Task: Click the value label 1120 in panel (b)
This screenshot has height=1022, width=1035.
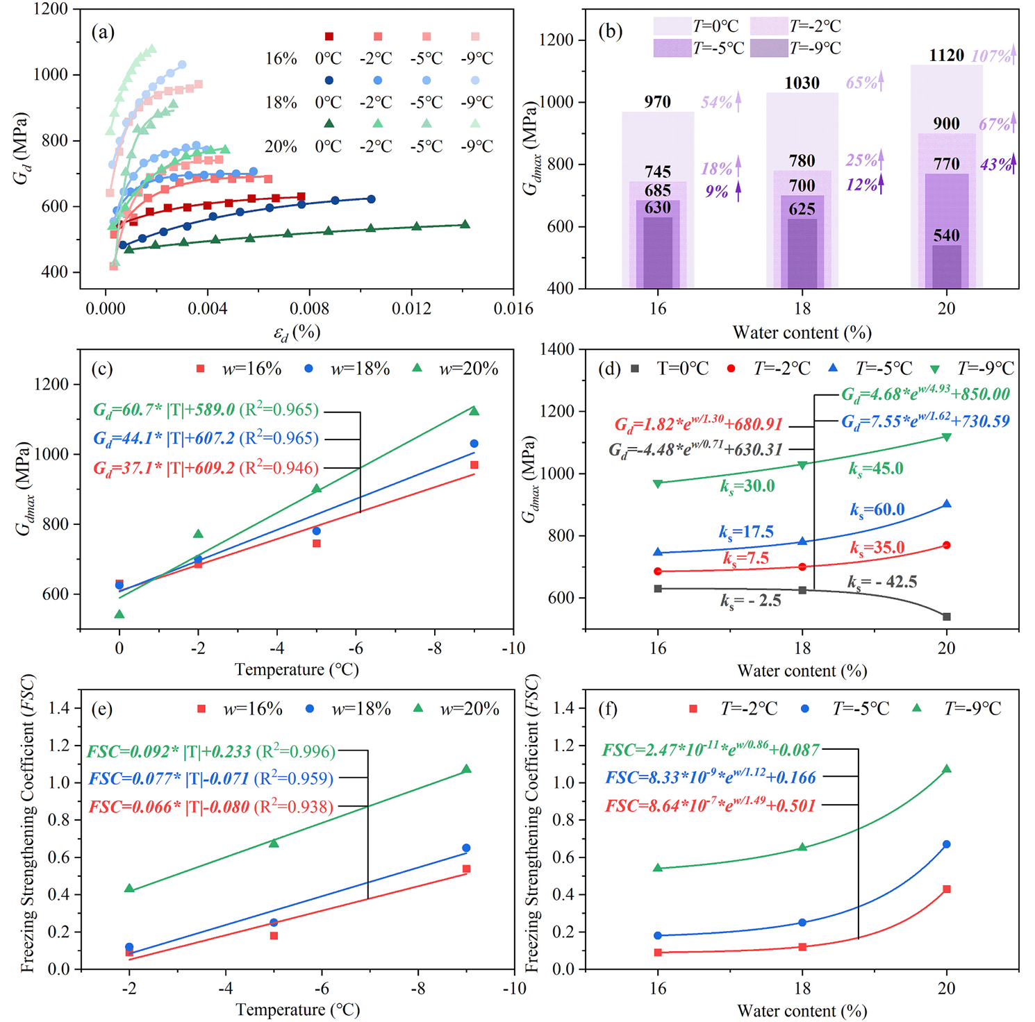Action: [946, 56]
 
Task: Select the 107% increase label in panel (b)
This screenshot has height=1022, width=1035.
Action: [991, 56]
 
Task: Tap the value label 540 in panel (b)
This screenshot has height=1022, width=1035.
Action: [946, 235]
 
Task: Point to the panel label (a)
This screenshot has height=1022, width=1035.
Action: [103, 32]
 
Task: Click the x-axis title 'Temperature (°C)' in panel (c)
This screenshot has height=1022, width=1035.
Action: [297, 669]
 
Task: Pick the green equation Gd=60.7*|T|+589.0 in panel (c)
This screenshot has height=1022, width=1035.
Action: [206, 410]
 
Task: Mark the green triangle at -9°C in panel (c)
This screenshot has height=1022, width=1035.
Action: [474, 411]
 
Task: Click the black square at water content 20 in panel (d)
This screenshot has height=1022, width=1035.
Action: [946, 617]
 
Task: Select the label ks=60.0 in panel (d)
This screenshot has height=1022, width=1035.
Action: [877, 510]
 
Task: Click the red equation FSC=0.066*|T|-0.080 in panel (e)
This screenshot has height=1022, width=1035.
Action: [210, 807]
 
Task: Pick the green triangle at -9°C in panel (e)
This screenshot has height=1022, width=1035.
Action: [466, 769]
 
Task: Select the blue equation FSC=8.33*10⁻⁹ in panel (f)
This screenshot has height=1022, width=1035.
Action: [710, 778]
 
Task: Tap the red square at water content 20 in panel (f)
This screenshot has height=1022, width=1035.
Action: [946, 889]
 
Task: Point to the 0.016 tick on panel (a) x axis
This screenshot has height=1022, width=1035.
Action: [513, 309]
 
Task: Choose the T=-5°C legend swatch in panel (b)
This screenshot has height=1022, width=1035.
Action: [672, 48]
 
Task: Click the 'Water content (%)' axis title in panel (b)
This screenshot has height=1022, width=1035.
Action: [802, 333]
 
